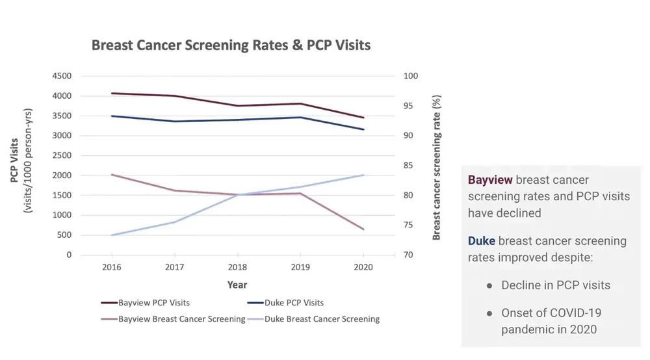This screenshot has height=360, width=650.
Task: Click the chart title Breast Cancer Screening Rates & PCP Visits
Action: (x=231, y=45)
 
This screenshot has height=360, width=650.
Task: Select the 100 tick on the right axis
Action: (x=411, y=76)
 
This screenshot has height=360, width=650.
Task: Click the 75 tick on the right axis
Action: (x=408, y=225)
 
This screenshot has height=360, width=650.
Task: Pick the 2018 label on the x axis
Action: (x=237, y=268)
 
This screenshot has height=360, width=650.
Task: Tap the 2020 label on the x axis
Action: (x=363, y=268)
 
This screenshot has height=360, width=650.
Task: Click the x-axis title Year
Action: (x=237, y=285)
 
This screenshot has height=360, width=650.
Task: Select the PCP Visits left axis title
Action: (x=14, y=160)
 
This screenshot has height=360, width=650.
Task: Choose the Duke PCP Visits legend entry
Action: (x=285, y=303)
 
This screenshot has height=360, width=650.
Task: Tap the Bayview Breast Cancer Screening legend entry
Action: (x=173, y=319)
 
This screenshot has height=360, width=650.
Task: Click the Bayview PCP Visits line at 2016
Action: (x=112, y=94)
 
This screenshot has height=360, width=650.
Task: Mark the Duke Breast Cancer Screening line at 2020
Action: (x=363, y=175)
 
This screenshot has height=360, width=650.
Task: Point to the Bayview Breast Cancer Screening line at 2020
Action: (x=363, y=229)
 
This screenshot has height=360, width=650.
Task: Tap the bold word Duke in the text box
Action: (x=482, y=241)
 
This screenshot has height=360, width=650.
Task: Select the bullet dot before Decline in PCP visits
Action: (x=489, y=286)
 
